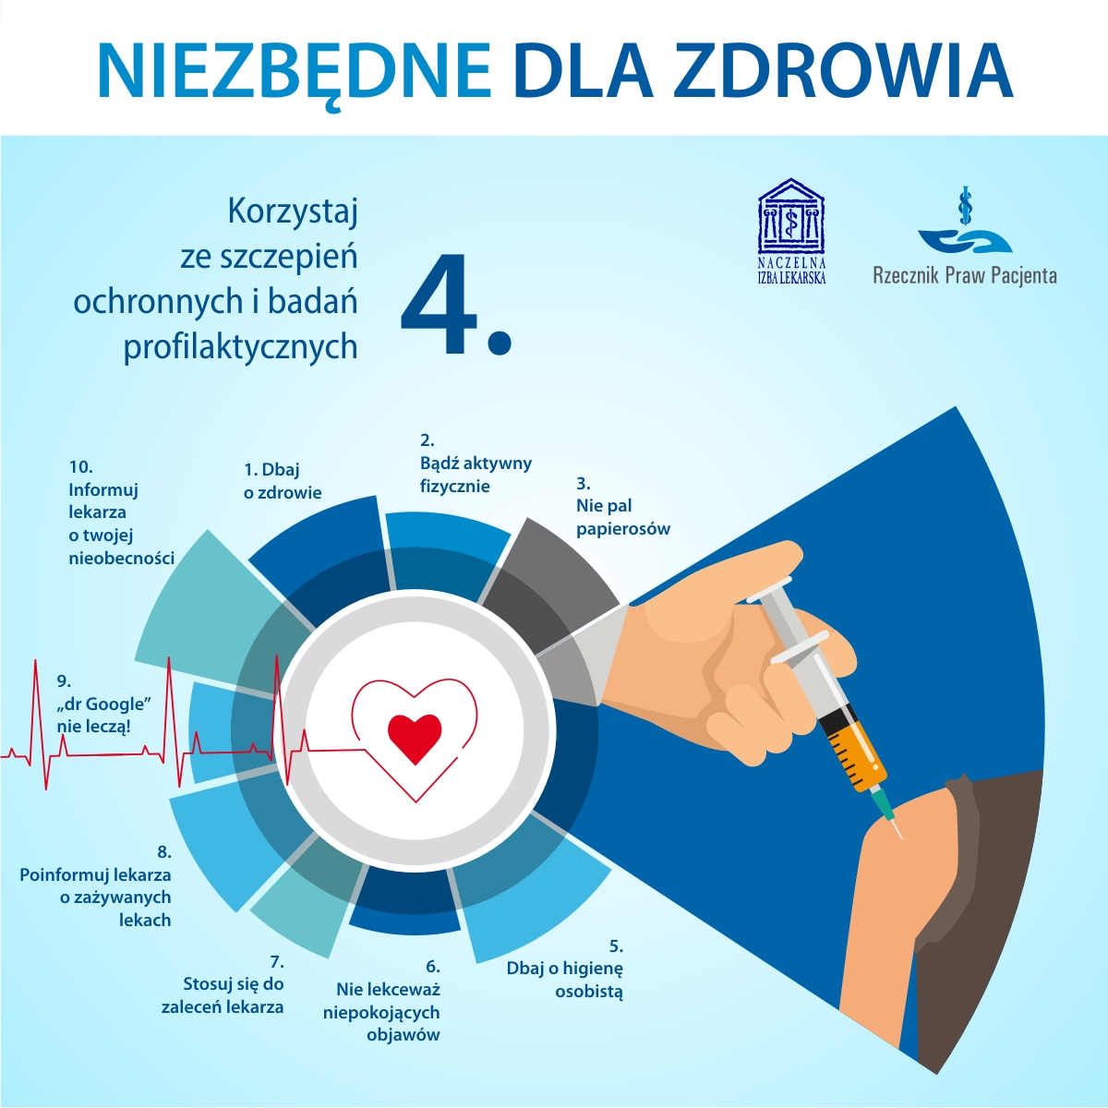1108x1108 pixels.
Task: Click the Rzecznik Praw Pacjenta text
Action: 965,275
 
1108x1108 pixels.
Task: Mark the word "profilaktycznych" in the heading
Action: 240,346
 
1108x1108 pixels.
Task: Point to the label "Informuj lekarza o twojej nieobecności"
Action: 120,512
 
